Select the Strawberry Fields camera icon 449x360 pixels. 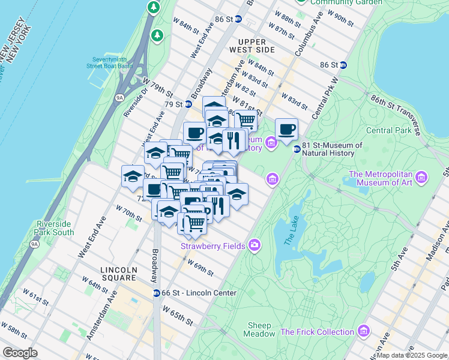point(255,245)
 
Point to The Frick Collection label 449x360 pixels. point(317,332)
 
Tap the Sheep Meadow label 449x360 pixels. point(260,329)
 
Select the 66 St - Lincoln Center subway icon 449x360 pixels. point(156,293)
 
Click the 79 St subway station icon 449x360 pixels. point(188,104)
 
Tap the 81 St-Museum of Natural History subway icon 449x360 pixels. point(297,149)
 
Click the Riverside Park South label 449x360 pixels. point(55,228)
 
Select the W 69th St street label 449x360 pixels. point(200,268)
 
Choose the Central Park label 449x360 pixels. point(388,130)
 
